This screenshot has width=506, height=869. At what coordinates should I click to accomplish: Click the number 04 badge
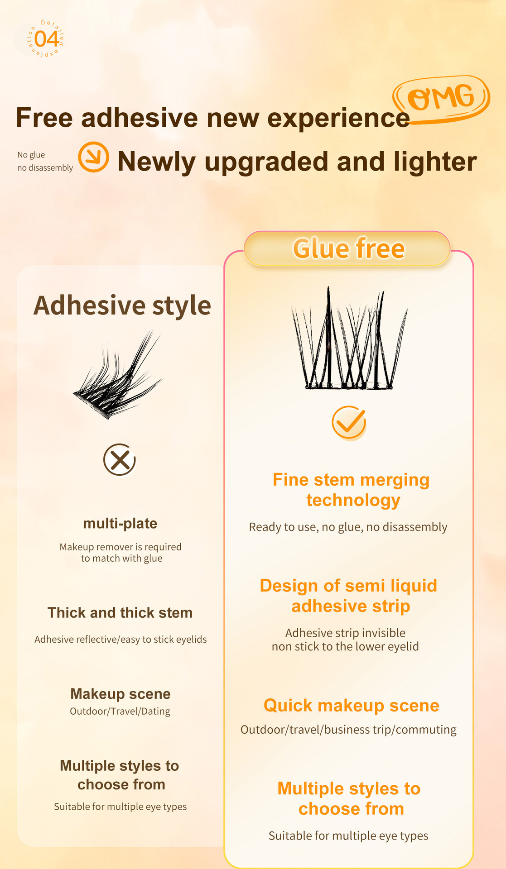tap(46, 39)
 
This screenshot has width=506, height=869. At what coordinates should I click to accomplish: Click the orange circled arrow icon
tap(93, 157)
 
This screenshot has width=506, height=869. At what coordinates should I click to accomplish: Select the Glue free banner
tap(347, 248)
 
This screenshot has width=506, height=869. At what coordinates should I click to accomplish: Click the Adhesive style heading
tap(122, 306)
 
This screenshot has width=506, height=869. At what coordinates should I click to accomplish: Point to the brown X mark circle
tap(120, 459)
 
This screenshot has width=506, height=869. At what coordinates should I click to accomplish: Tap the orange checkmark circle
tap(348, 423)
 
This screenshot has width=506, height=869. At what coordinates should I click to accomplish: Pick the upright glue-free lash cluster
tap(349, 339)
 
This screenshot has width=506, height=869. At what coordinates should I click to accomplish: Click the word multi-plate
tap(120, 524)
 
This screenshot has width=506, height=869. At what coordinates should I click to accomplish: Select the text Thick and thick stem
tap(120, 612)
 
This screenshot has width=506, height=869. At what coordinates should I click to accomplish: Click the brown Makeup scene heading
tap(120, 694)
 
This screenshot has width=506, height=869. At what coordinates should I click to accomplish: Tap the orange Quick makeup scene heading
tap(352, 706)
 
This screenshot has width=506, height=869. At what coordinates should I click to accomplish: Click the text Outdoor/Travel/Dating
tap(120, 711)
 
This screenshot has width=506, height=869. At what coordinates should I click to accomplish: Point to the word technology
tap(353, 501)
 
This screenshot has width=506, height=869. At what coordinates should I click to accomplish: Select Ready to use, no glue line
tap(348, 527)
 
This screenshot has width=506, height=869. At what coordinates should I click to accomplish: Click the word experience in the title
tap(338, 119)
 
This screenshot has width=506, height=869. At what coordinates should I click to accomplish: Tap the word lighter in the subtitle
tap(435, 162)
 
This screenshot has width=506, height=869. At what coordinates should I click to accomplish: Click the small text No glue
tap(31, 155)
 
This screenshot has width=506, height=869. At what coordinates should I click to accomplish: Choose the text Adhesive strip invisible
tap(345, 633)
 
